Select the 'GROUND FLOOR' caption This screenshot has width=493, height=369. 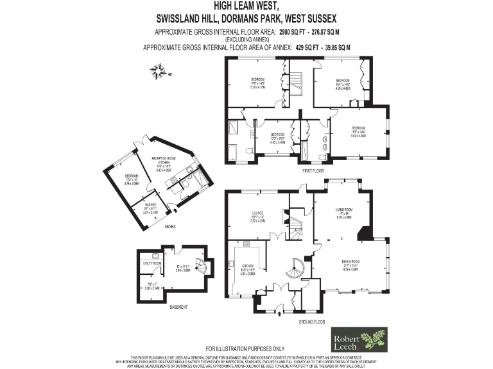[x=313, y=322]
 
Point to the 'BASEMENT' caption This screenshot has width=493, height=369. [x=178, y=307]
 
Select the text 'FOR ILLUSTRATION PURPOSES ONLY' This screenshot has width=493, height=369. [x=246, y=348]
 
